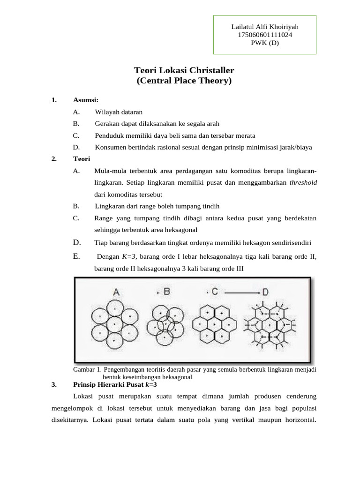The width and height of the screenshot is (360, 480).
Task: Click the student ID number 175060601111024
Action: (265, 35)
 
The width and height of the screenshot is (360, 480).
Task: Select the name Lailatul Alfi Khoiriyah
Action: (265, 27)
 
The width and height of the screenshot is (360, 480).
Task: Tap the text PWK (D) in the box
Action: (265, 43)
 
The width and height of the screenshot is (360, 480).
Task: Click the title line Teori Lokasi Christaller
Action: (184, 70)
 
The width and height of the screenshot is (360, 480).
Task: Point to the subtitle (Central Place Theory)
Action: (184, 81)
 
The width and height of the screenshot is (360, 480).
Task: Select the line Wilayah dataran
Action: (119, 112)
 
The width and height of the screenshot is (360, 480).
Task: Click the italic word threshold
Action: (303, 183)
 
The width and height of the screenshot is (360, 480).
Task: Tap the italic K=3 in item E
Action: (129, 257)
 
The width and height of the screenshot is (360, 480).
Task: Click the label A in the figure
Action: (116, 292)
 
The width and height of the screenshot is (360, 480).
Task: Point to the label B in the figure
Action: (167, 292)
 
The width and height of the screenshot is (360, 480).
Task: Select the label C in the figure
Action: (215, 292)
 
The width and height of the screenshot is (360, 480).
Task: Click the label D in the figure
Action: (265, 292)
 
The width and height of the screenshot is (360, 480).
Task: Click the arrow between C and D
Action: (240, 292)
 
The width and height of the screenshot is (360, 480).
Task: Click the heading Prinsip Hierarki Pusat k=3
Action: (115, 385)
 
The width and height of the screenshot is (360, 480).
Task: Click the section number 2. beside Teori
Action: (54, 159)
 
